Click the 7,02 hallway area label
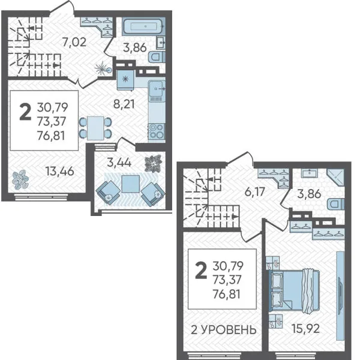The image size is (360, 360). coord(74,42)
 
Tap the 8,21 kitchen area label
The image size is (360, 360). coord(124,104)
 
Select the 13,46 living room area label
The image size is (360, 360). coord(59,171)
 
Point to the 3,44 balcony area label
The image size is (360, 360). coord(119,163)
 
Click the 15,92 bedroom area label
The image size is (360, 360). coord(305,329)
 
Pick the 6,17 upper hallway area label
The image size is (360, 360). coord(255,192)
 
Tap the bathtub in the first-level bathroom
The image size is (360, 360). coord(143,26)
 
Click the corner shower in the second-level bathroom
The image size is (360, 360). coord(335,177)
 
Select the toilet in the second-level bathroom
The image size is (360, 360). coord(337,205)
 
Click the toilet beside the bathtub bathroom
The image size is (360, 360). coord(157,57)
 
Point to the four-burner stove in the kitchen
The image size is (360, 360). coord(157,131)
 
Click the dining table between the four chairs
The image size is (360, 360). coord(95,128)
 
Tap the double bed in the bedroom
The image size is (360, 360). coord(294,290)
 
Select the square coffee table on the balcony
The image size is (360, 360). coord(131,184)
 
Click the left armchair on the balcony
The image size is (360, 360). coord(108,193)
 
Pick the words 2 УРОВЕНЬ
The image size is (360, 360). coord(224,329)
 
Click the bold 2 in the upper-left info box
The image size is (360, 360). coord(25,112)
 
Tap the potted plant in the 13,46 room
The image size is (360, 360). coord(20,179)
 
